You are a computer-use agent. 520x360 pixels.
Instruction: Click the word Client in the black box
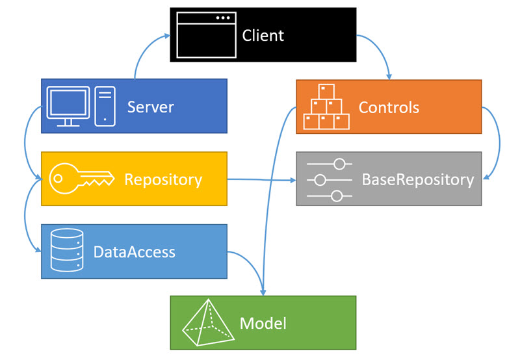pos(263,34)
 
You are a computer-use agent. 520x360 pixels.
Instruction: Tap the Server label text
pos(150,106)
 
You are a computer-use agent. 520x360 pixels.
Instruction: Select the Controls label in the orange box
pos(389,107)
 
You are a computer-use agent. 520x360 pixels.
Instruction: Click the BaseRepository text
pos(417,179)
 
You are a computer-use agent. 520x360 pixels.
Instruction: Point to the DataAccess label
pos(134,251)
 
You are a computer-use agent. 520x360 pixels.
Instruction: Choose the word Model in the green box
pos(263,323)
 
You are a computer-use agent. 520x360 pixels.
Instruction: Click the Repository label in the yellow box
pos(162,179)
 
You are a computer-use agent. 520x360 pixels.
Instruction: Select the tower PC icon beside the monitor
pos(105,106)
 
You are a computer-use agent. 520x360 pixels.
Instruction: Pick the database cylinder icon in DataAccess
pos(67,250)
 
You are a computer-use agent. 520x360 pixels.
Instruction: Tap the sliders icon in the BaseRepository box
pos(329,179)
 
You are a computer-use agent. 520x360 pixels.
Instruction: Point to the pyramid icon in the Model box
pos(208,323)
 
